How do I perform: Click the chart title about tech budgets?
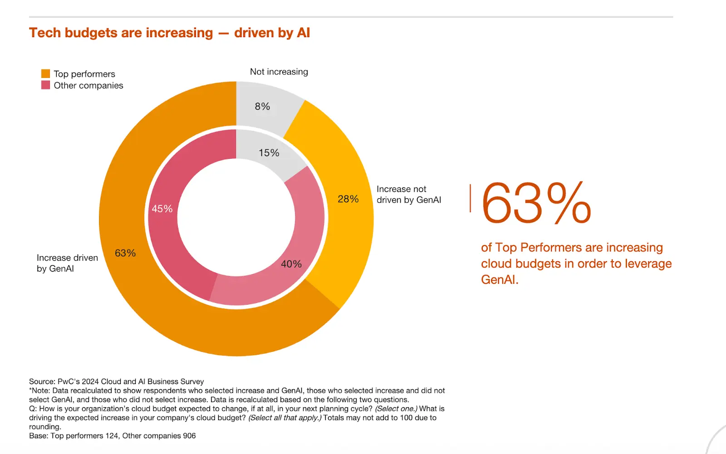tap(169, 33)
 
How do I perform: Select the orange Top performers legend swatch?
tap(45, 73)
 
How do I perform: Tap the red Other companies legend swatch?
tap(45, 85)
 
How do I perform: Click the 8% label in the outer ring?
tap(262, 107)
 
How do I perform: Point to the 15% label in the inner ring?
tap(269, 153)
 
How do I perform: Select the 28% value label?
tap(348, 199)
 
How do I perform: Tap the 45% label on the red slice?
tap(162, 209)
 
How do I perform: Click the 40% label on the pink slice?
tap(291, 264)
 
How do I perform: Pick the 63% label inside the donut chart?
tap(125, 253)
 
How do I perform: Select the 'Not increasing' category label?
tap(279, 72)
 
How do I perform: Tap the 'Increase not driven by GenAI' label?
tap(408, 195)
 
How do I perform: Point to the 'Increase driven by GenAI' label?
tap(67, 263)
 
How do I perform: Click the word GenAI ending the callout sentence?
tap(499, 280)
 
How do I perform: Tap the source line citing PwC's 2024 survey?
tap(116, 381)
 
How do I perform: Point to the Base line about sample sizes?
tap(112, 436)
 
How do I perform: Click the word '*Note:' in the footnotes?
tap(39, 391)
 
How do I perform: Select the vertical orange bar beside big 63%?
tap(470, 198)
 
